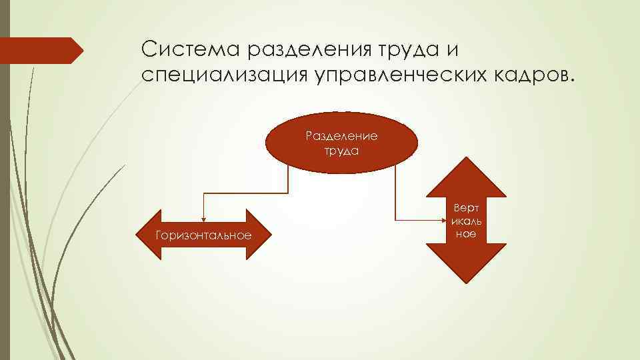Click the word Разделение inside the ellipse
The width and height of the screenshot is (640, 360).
[x=341, y=136]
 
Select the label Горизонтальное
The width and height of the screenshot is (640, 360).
[x=203, y=235]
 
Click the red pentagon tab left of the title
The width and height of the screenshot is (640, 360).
[x=40, y=51]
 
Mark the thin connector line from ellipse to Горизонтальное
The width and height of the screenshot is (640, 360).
[x=247, y=193]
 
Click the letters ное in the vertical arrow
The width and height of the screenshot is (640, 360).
[x=466, y=234]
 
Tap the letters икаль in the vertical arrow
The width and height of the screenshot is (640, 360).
[x=466, y=221]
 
